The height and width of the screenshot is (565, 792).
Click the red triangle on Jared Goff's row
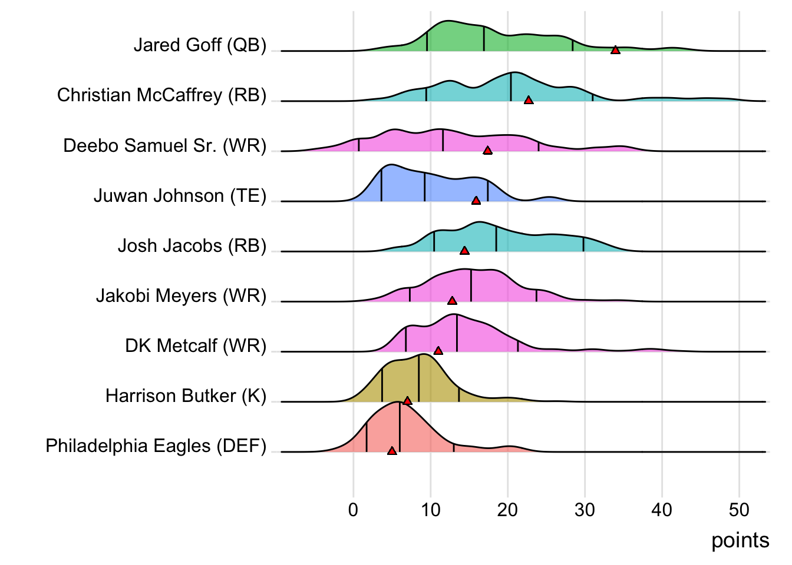[615, 50]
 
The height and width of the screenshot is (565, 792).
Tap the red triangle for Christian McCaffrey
[529, 100]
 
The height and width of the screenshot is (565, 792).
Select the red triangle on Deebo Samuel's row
[487, 150]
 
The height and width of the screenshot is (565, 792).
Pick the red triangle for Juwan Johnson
[476, 201]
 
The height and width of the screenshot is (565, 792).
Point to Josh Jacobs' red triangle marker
[464, 251]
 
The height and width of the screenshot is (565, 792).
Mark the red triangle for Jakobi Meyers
[452, 301]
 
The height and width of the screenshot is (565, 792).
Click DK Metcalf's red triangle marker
[438, 351]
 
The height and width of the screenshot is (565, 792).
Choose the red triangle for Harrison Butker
[407, 401]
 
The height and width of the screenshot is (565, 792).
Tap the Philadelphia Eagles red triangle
[392, 451]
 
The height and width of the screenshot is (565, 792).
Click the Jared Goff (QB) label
[200, 45]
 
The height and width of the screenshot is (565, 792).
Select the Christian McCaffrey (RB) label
[161, 95]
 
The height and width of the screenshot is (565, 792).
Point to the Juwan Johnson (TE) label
[180, 195]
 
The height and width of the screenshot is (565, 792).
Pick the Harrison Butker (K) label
[186, 395]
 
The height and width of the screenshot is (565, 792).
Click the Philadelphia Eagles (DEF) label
[156, 446]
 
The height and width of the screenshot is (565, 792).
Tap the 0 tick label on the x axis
[353, 510]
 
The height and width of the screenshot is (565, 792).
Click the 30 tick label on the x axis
[585, 510]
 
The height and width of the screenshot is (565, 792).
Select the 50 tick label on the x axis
[739, 510]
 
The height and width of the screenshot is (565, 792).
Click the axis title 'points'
[740, 540]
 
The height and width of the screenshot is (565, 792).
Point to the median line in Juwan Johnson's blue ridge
[424, 187]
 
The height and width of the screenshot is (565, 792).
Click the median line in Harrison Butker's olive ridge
[418, 378]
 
